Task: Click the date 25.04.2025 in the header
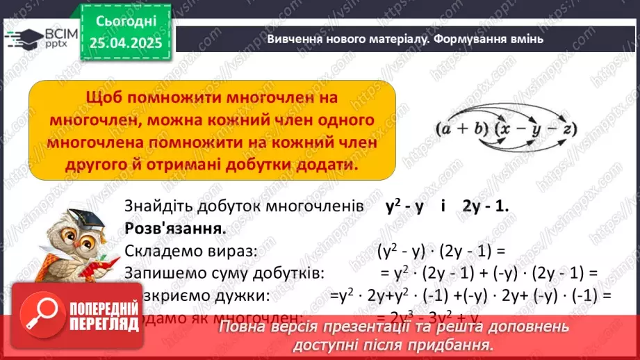(126, 43)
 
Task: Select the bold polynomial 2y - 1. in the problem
(485, 206)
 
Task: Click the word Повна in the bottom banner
(240, 326)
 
